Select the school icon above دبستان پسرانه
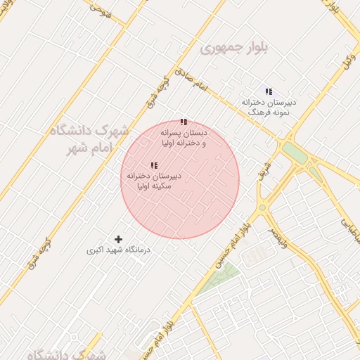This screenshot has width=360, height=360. [184, 122]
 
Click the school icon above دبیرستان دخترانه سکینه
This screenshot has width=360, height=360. [154, 165]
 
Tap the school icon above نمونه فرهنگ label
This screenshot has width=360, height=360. [268, 91]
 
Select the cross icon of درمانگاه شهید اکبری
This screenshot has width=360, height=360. [118, 240]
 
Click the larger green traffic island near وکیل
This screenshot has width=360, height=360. [296, 154]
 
